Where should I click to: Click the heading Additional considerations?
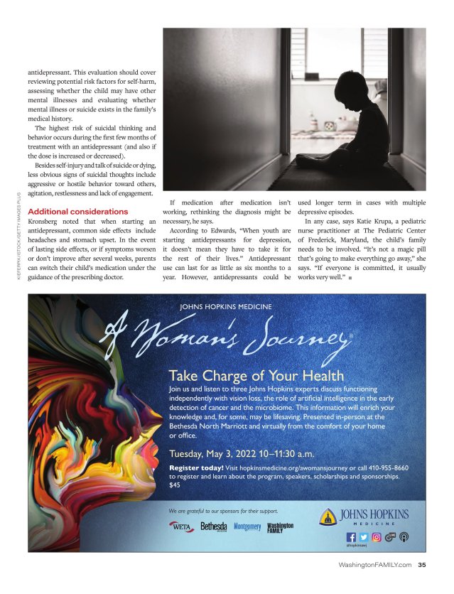[x=77, y=212]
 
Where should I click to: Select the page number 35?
[x=421, y=566]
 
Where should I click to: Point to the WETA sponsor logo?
[x=182, y=526]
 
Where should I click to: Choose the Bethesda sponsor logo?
[x=213, y=526]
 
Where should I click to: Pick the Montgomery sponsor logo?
[x=247, y=526]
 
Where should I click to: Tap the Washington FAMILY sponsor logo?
[x=280, y=526]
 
